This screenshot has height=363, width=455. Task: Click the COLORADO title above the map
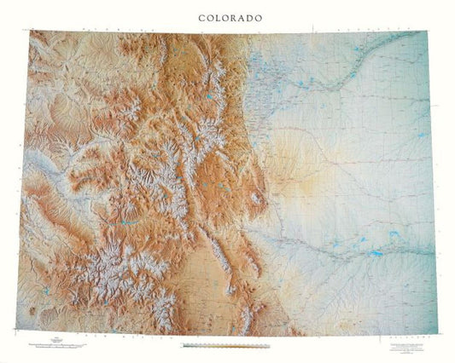[x=230, y=17]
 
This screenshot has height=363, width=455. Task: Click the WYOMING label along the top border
[x=128, y=32]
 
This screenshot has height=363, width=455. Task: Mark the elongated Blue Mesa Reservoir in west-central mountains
[x=128, y=223]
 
